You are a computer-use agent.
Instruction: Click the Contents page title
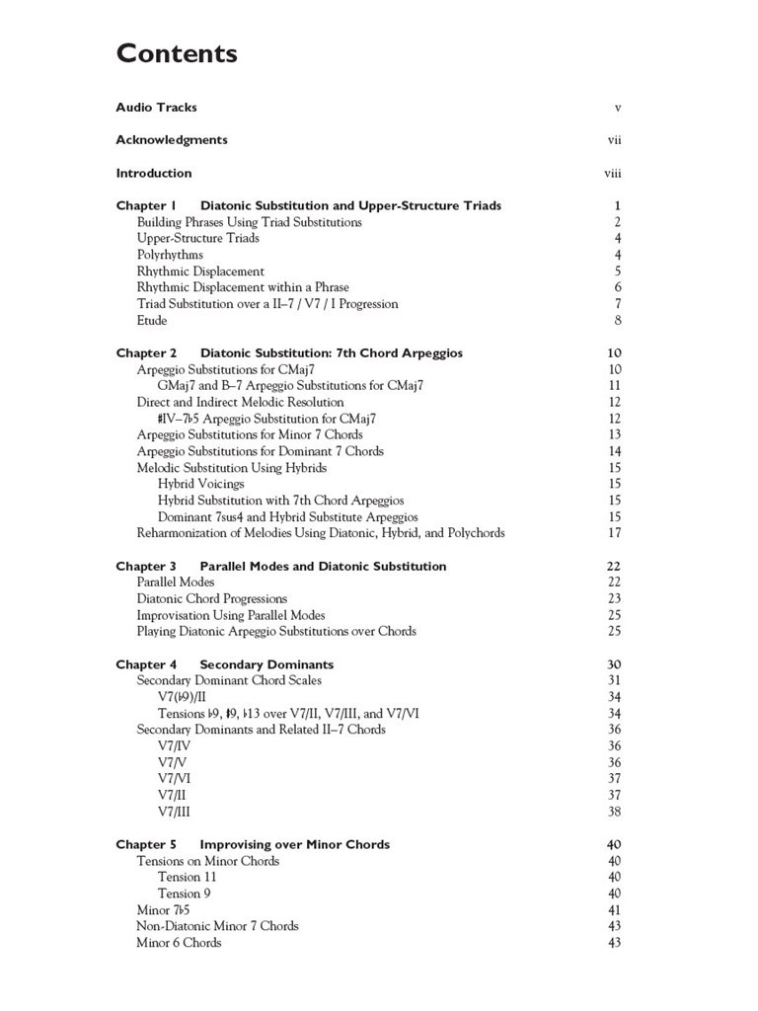click(177, 53)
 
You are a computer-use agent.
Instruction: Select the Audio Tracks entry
click(156, 108)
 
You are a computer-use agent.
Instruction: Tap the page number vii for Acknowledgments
click(614, 140)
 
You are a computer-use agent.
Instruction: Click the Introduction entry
click(154, 174)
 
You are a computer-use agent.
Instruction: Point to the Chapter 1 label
click(146, 206)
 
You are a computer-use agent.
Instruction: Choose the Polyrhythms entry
click(170, 255)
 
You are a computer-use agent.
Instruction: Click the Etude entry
click(152, 320)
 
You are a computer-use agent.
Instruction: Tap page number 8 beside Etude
click(617, 320)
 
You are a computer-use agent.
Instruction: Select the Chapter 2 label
click(146, 353)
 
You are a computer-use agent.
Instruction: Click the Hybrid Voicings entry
click(200, 484)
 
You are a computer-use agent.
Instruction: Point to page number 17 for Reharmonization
click(614, 533)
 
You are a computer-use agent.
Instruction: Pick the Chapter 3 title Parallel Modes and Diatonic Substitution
click(323, 567)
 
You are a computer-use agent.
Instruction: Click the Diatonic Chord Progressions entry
click(212, 598)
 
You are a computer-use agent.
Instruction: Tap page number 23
click(614, 598)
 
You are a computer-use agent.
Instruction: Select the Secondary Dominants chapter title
click(266, 664)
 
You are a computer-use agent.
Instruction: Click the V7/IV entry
click(175, 746)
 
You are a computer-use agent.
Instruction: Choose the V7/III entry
click(175, 812)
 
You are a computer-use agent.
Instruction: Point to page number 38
click(614, 812)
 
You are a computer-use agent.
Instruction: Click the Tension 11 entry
click(188, 877)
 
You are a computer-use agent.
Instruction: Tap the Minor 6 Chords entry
click(179, 943)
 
